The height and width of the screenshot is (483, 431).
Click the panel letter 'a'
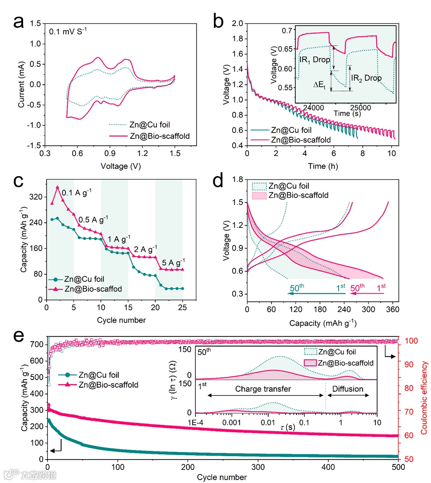[18, 21]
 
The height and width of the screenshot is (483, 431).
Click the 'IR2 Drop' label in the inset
[367, 78]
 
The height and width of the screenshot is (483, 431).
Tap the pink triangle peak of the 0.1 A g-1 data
[57, 187]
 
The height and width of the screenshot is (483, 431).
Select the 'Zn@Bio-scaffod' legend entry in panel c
[91, 289]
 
